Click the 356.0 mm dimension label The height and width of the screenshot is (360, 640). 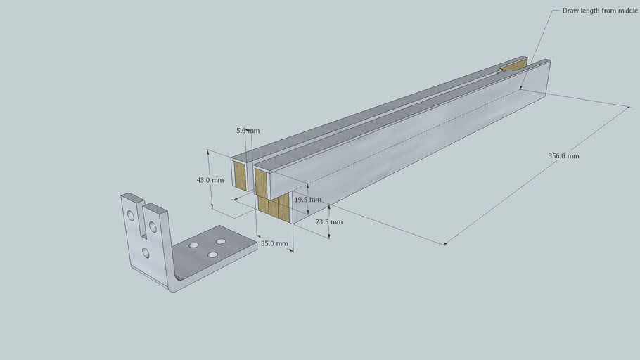563,156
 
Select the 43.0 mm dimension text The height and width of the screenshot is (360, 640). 210,180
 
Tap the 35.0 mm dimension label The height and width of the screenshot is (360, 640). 274,243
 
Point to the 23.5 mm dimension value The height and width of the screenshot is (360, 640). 328,221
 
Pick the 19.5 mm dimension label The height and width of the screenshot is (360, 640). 308,200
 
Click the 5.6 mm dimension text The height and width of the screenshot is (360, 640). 248,131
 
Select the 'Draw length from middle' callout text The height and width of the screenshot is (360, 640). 600,11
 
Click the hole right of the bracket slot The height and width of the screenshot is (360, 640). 153,226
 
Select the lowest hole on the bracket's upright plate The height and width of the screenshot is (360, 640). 145,252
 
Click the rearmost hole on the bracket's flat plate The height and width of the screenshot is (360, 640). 221,241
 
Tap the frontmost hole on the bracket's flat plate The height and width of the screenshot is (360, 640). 211,254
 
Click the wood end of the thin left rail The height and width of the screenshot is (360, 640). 241,177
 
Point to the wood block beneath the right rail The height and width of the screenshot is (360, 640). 275,208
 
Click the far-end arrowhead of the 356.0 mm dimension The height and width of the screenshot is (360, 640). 627,107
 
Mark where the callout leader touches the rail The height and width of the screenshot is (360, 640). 520,89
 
